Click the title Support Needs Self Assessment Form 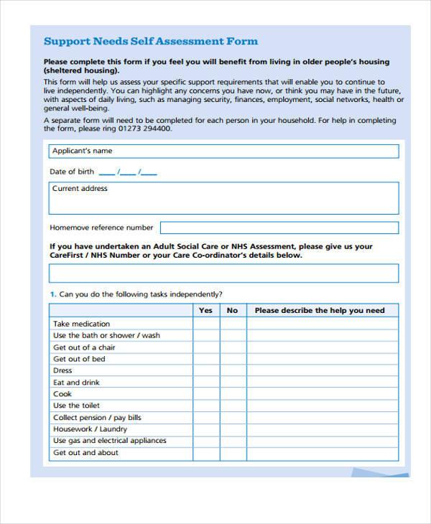[x=151, y=42]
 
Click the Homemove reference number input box [x=279, y=228]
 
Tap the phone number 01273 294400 [x=143, y=129]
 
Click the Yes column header [x=205, y=311]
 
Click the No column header [x=232, y=311]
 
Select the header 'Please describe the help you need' [x=320, y=311]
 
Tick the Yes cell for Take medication [x=205, y=324]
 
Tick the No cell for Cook [x=232, y=394]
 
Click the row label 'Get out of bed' [x=79, y=359]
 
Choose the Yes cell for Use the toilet [x=205, y=406]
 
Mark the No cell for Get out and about [x=232, y=453]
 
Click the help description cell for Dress [x=322, y=370]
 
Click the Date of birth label [x=72, y=172]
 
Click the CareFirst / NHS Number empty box [x=223, y=273]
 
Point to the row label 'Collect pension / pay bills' [x=97, y=418]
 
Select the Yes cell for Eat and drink [x=205, y=383]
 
